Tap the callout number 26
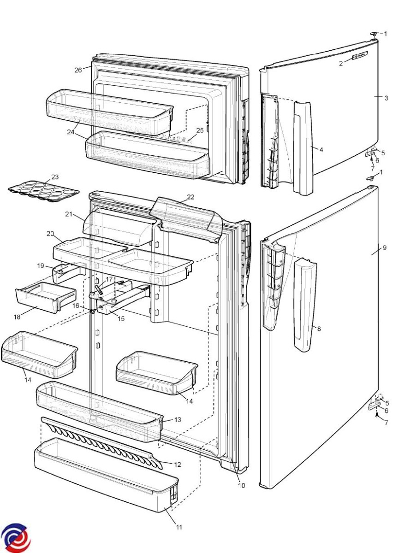78,70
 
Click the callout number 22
191,197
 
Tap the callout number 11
179,527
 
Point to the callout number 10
242,485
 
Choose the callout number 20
50,234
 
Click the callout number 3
387,98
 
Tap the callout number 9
384,248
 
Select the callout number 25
200,130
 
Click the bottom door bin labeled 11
106,479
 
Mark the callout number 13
178,420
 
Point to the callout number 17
109,279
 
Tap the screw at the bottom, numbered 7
377,415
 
